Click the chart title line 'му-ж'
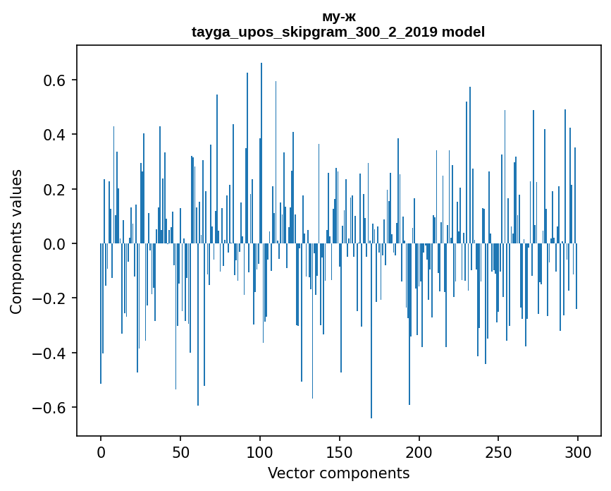pos(338,17)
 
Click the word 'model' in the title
pos(463,32)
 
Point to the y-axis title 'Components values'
pos(16,242)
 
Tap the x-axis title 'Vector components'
pos(338,473)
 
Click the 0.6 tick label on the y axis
pos(54,80)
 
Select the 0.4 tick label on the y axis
pos(54,135)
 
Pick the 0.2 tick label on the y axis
pos(54,189)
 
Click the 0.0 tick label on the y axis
pos(54,244)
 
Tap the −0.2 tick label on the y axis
pos(49,298)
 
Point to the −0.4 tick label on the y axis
pos(49,353)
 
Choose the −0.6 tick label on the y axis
pos(49,408)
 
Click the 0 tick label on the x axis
pos(101,453)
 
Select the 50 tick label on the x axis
pos(180,453)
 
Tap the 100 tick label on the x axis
pos(260,453)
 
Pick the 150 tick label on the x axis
pos(340,453)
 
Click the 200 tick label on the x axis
pos(419,453)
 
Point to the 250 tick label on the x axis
pos(498,453)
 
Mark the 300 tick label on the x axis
pos(578,453)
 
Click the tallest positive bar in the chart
pos(261,153)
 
